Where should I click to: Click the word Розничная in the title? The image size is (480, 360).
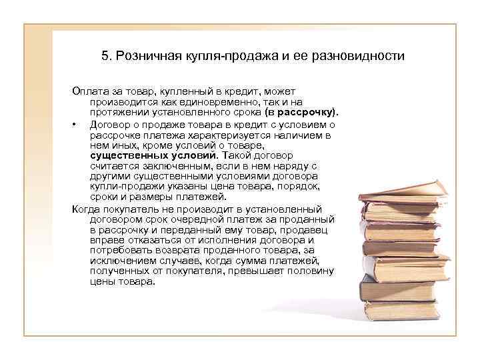tap(143, 56)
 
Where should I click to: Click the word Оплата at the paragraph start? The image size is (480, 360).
tap(87, 91)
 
